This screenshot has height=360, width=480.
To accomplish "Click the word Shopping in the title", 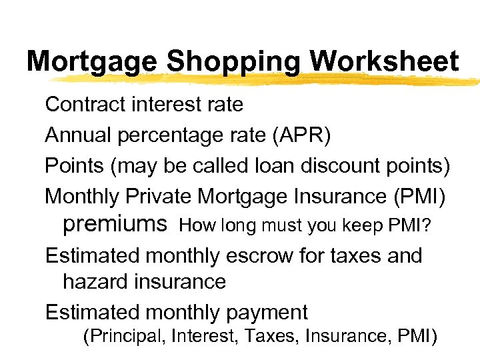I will point(235,62).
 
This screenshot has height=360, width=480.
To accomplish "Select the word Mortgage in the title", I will point(93,62).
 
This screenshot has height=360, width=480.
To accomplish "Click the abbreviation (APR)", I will point(296,135).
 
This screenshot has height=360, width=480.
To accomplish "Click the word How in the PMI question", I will point(194,225).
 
